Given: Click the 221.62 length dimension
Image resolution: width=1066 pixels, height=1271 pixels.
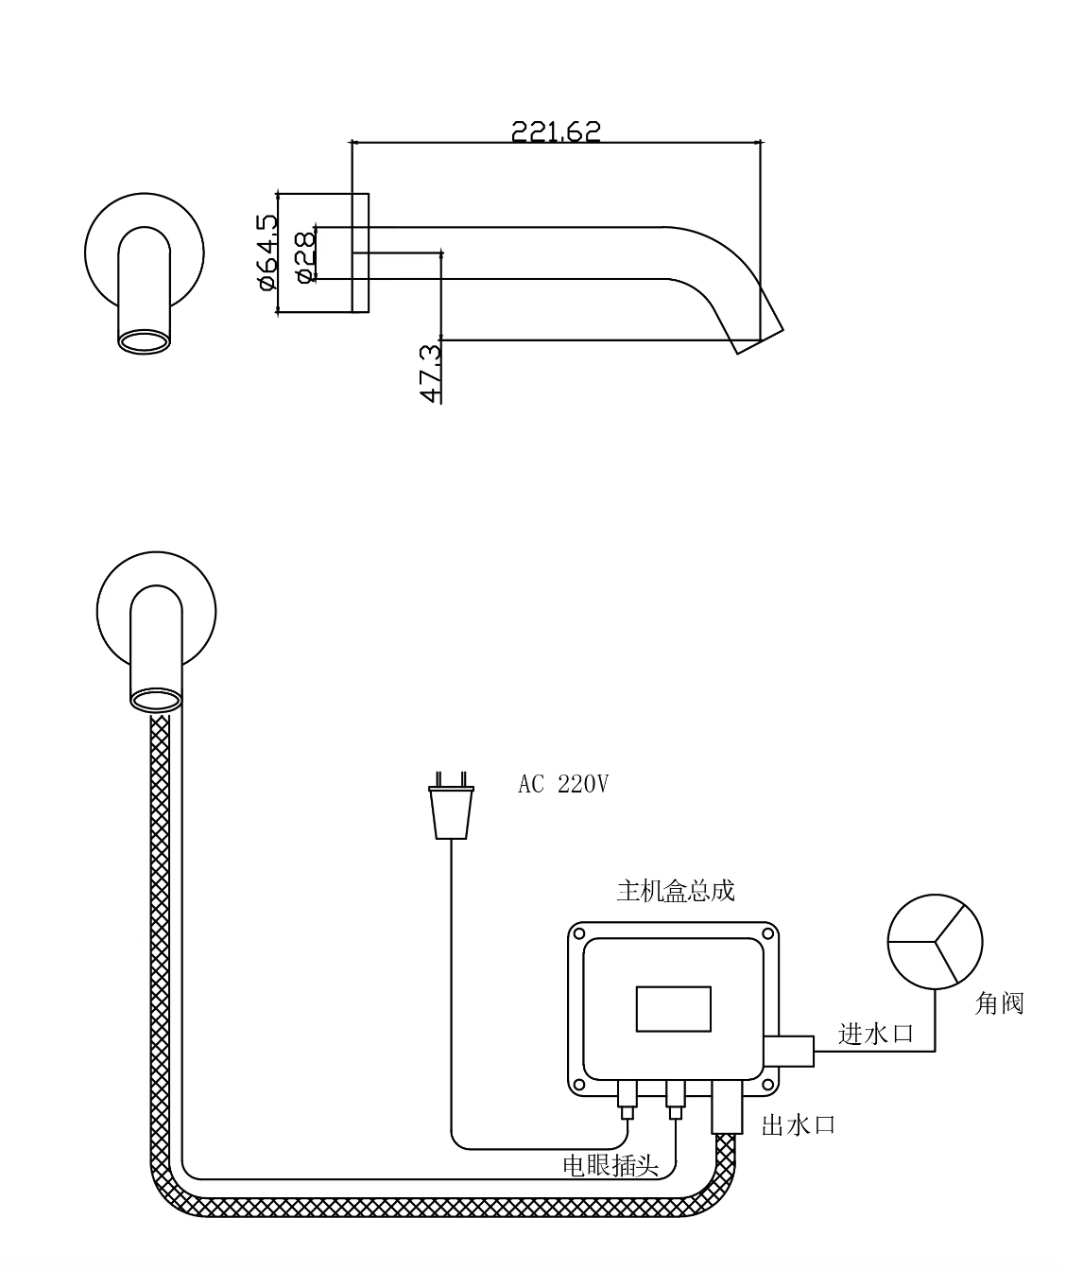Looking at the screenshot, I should [x=556, y=131].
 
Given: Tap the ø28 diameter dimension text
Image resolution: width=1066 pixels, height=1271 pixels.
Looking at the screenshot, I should [x=304, y=257].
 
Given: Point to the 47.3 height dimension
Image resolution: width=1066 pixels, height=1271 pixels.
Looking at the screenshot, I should [x=430, y=374].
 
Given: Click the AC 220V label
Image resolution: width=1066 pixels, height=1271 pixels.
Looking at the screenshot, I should [x=563, y=784].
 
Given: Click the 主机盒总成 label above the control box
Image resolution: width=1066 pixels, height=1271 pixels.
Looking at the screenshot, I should [x=675, y=891].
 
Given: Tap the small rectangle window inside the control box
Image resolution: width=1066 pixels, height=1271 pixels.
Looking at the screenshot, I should [x=674, y=1008].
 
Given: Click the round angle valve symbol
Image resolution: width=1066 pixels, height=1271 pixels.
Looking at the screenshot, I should [x=935, y=942].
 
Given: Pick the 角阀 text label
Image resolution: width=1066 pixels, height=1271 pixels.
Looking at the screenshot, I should [x=999, y=1003].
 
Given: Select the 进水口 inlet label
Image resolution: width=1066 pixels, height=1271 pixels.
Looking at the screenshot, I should [x=876, y=1034].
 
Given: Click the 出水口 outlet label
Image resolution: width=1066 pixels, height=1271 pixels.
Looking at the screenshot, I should [x=799, y=1125].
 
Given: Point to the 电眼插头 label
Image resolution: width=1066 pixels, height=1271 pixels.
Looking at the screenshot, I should [x=610, y=1165].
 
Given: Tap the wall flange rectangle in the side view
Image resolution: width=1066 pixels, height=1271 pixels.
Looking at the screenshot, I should [x=360, y=252].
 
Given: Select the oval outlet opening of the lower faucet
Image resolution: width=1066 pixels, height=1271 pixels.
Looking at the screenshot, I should [x=156, y=700].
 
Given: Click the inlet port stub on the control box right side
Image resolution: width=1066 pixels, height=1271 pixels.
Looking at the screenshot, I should [x=788, y=1051].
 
